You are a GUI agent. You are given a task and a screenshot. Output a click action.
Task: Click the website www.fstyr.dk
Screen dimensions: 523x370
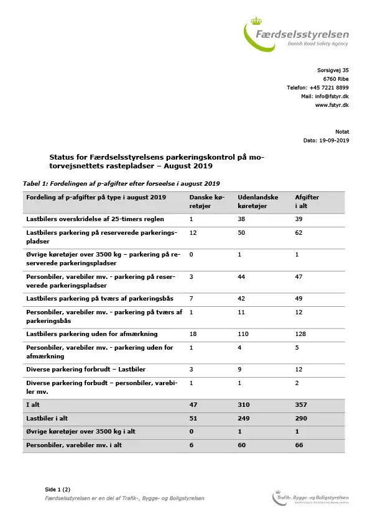(331, 106)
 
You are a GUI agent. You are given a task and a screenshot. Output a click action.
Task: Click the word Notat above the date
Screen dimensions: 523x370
(342, 132)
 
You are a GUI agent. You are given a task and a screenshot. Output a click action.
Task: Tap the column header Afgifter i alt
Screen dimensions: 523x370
(307, 201)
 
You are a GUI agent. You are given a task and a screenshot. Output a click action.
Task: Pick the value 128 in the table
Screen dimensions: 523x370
(302, 334)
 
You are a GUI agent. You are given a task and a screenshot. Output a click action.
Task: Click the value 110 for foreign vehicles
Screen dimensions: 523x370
(244, 334)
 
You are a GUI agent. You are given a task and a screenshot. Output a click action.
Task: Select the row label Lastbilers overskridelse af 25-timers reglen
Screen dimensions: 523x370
(96, 219)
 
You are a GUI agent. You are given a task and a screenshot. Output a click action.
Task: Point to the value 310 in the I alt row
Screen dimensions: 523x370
(245, 404)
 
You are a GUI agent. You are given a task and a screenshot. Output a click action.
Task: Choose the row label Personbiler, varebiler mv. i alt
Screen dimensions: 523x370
(73, 445)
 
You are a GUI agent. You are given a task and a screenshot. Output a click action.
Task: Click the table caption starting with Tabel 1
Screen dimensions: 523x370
(121, 183)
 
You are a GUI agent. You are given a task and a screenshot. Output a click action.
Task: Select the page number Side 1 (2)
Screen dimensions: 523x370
(58, 489)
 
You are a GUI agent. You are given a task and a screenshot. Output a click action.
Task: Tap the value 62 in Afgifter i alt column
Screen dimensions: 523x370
(300, 232)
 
